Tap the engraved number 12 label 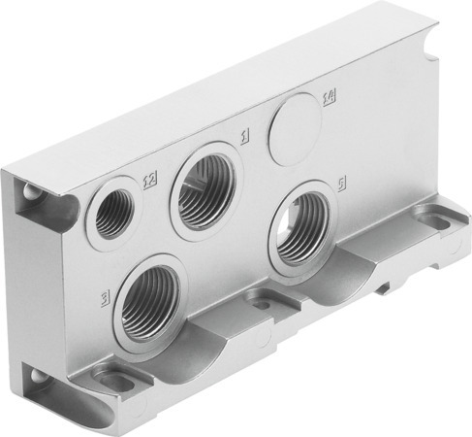coord(149,180)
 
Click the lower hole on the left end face coord(38,378)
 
